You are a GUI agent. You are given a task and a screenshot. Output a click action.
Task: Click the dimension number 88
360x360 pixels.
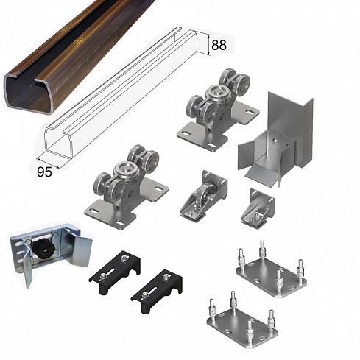[219, 45]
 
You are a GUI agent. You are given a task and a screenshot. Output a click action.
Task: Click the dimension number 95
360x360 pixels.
[44, 172]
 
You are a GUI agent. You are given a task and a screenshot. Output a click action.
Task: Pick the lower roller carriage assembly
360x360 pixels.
[126, 188]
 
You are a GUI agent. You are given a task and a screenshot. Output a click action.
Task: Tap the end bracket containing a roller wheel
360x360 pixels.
[204, 197]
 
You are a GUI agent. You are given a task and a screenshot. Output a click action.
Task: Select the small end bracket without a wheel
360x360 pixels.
[258, 208]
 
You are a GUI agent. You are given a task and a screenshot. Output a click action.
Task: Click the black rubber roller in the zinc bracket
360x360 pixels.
[42, 247]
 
